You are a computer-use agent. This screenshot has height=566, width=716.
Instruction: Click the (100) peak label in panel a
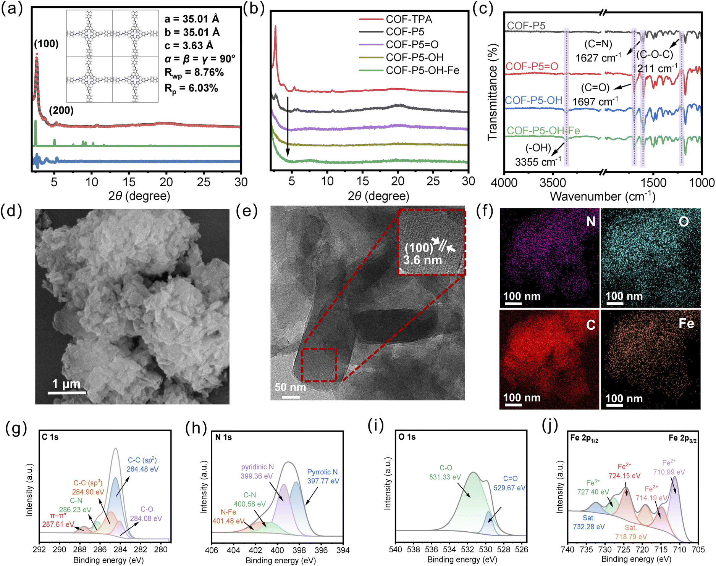click(46, 44)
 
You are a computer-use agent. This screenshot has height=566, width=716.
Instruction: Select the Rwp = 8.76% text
click(194, 73)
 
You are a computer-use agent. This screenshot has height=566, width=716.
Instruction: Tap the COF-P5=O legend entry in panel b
click(412, 45)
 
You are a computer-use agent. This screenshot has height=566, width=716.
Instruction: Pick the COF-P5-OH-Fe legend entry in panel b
click(422, 70)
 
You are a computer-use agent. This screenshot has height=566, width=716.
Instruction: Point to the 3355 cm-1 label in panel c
click(538, 162)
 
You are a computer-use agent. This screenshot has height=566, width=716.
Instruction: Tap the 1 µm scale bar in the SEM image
click(67, 392)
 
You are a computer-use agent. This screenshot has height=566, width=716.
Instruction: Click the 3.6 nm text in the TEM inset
click(422, 260)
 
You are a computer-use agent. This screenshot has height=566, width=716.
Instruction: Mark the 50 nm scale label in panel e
click(290, 387)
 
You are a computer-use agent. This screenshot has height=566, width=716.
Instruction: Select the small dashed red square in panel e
click(319, 364)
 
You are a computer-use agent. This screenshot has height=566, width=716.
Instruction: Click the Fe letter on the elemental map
click(686, 324)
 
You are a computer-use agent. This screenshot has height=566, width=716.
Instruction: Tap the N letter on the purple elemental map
click(590, 221)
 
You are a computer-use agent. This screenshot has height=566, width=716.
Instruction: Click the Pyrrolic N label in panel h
click(322, 472)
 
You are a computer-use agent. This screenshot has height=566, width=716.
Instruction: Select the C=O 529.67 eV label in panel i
click(509, 483)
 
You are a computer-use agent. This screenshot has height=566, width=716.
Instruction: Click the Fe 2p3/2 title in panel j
click(682, 438)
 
